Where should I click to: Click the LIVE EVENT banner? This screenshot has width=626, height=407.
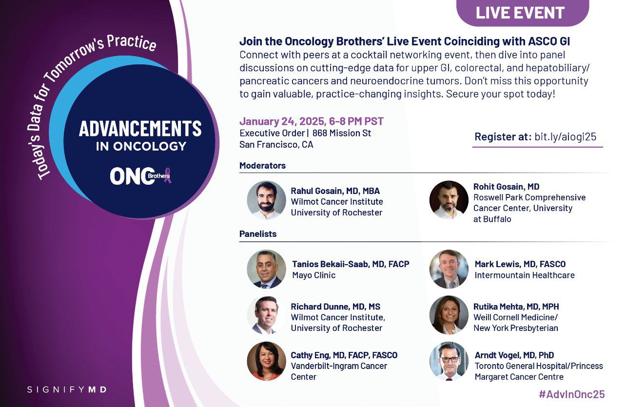tap(523, 13)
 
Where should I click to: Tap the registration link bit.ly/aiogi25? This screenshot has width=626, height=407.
tap(566, 136)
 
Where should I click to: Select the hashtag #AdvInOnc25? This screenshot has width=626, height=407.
tap(572, 394)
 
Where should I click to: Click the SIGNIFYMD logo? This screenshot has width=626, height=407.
tap(67, 389)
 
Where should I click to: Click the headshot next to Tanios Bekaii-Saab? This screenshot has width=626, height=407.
tap(266, 269)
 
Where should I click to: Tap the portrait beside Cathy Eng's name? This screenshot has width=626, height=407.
tap(266, 361)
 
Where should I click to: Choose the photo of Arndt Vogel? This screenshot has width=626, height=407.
tap(449, 361)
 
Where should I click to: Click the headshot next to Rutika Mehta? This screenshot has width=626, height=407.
tap(449, 315)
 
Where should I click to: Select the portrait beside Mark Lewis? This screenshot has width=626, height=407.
tap(449, 269)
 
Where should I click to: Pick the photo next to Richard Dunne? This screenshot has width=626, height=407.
tap(266, 315)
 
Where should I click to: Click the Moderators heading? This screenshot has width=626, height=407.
tap(262, 165)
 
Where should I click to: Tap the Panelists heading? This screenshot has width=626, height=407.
tap(258, 233)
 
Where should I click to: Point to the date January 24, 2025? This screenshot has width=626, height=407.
tap(282, 121)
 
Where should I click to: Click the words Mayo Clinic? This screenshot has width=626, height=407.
tap(314, 275)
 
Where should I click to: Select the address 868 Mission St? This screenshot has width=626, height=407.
tap(341, 133)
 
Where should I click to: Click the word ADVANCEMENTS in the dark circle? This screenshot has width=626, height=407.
tap(140, 129)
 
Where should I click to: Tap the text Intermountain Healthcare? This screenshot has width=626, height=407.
tap(525, 275)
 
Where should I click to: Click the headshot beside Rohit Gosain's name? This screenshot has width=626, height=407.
tap(449, 200)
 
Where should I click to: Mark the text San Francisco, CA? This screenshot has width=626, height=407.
tap(276, 145)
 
